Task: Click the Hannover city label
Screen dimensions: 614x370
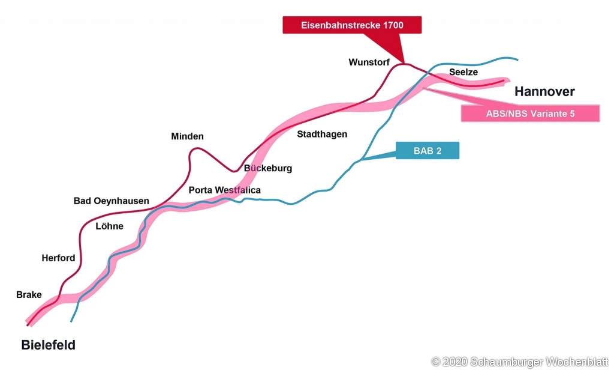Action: [x=544, y=91]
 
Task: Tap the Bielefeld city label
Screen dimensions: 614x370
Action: [x=48, y=345]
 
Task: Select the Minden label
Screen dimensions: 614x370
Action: [x=187, y=136]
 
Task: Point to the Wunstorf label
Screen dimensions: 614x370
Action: [x=369, y=62]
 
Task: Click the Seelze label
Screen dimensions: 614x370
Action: [x=463, y=72]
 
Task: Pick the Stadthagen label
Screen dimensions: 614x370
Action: [x=322, y=134]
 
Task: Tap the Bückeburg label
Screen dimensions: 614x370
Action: [x=268, y=168]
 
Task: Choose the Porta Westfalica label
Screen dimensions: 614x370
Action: [x=224, y=190]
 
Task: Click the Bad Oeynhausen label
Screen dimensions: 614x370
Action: [x=111, y=201]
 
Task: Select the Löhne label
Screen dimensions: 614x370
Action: [x=109, y=226]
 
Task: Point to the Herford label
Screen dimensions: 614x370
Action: [x=58, y=258]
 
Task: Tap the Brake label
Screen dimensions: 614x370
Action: [x=29, y=295]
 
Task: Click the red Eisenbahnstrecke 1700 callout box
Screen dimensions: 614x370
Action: [x=352, y=25]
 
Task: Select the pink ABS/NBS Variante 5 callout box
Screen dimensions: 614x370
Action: [x=530, y=114]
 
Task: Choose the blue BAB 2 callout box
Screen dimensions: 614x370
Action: [x=427, y=151]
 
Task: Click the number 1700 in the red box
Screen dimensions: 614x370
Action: [x=393, y=25]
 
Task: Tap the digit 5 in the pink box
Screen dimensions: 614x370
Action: [x=572, y=114]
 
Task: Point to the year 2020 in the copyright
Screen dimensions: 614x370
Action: [x=455, y=362]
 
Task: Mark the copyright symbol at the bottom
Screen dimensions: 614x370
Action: [x=435, y=362]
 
